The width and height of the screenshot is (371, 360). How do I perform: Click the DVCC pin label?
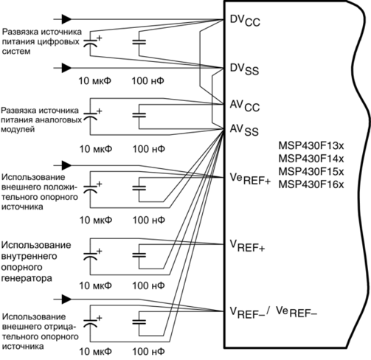click(x=245, y=20)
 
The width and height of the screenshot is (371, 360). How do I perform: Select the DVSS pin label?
click(x=244, y=69)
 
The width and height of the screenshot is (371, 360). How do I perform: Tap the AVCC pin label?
click(x=245, y=105)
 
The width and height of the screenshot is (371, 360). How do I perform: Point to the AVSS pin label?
click(x=244, y=130)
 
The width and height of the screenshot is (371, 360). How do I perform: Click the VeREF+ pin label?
click(x=250, y=179)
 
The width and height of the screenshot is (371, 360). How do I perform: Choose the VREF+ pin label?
click(x=247, y=246)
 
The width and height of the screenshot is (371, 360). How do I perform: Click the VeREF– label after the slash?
click(x=297, y=312)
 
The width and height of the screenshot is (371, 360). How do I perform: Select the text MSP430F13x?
click(x=311, y=145)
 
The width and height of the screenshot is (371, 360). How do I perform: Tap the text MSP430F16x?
click(x=311, y=184)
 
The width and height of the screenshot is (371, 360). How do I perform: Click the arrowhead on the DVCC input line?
click(x=66, y=19)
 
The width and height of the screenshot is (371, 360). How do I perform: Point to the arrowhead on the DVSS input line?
click(x=66, y=68)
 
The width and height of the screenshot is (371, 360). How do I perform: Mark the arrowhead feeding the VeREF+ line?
click(x=66, y=165)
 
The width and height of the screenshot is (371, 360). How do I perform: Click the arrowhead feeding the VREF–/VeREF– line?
click(x=66, y=300)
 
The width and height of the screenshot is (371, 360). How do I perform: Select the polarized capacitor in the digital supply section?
click(x=90, y=43)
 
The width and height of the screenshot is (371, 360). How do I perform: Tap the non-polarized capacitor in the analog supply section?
click(x=139, y=115)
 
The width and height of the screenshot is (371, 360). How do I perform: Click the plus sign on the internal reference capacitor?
click(x=99, y=251)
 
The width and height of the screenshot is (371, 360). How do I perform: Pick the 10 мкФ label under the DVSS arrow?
click(x=95, y=80)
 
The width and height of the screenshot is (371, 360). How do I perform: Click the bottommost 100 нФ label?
click(x=148, y=352)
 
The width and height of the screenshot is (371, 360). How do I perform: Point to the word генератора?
click(x=27, y=279)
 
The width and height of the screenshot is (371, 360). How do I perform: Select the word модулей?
click(x=18, y=129)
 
